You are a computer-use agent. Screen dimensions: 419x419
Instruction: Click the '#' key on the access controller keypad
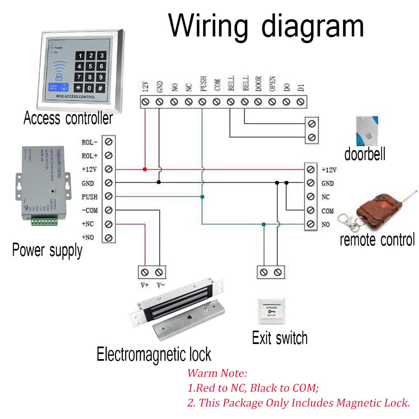[x=101, y=88]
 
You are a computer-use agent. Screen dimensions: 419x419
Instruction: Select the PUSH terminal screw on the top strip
[x=202, y=101]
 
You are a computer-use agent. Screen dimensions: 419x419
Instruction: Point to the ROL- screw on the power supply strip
[x=109, y=142]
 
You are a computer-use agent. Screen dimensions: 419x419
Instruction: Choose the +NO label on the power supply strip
[x=88, y=238]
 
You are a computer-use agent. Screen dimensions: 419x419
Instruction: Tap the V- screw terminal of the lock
[x=158, y=272]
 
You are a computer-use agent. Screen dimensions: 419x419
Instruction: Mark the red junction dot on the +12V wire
[x=145, y=169]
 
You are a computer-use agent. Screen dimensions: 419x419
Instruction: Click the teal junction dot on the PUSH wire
[x=202, y=197]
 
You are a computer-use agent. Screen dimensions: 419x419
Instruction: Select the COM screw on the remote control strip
[x=310, y=210]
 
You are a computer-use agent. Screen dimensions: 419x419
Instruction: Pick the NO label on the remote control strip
[x=326, y=225]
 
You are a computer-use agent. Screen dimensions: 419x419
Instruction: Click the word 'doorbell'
[x=365, y=154]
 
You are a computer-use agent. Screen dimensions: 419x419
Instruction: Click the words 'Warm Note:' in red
[x=217, y=372]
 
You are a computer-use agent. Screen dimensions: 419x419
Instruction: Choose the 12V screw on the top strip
[x=145, y=101]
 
